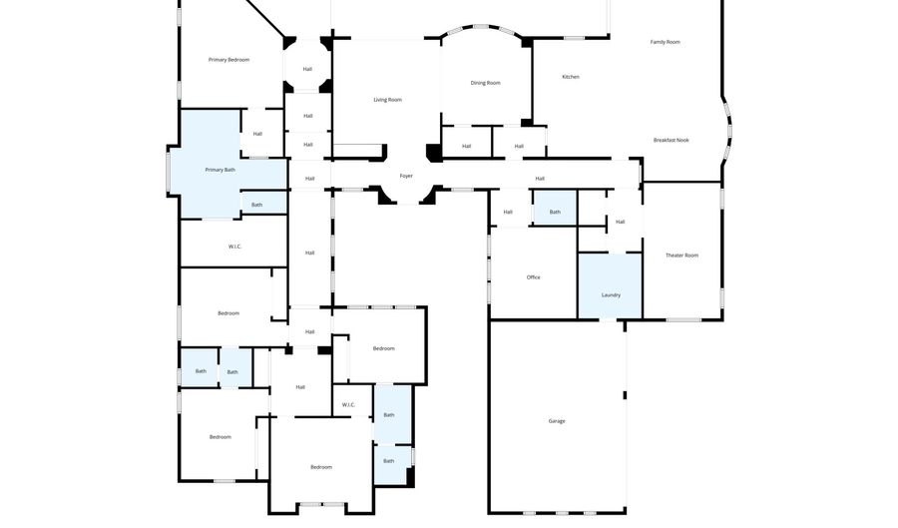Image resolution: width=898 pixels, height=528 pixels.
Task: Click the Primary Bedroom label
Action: (x=228, y=60)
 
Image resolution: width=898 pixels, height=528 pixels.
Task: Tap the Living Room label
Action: (x=388, y=100)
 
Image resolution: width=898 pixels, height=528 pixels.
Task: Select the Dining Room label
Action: (x=486, y=83)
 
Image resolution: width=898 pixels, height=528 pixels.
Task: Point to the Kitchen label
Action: (x=571, y=77)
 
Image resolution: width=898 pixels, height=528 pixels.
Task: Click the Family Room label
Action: (x=665, y=42)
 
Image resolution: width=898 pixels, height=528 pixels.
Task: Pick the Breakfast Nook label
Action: (x=672, y=140)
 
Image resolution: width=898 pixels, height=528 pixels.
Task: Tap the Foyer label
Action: (x=406, y=176)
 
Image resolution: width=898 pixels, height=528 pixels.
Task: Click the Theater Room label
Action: (x=681, y=256)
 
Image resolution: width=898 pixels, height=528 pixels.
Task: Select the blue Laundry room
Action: (x=610, y=285)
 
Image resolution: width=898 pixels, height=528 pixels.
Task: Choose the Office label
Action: (x=533, y=277)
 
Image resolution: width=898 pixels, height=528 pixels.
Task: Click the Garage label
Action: (x=557, y=421)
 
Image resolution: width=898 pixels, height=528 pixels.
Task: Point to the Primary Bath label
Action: (x=221, y=170)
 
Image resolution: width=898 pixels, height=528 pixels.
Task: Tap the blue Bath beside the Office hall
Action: (x=555, y=208)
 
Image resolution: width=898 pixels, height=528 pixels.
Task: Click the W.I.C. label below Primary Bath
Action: (x=234, y=247)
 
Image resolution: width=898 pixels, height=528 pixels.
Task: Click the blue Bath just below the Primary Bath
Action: (x=263, y=204)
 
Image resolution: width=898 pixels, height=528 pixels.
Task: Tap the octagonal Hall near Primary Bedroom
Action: (x=307, y=65)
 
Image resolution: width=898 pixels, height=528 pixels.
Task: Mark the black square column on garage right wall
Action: (x=625, y=395)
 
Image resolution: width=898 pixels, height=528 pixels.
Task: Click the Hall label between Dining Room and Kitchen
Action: (x=519, y=146)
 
